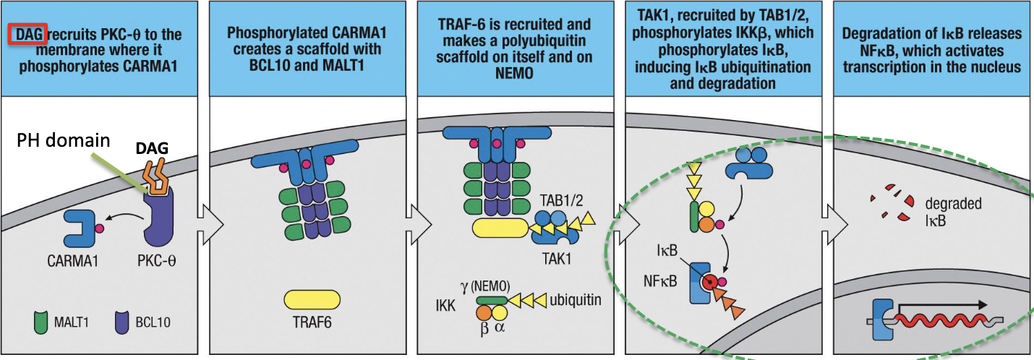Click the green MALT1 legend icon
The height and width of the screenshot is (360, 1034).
coord(43,322)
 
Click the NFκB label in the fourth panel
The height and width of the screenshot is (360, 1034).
coord(660,280)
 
